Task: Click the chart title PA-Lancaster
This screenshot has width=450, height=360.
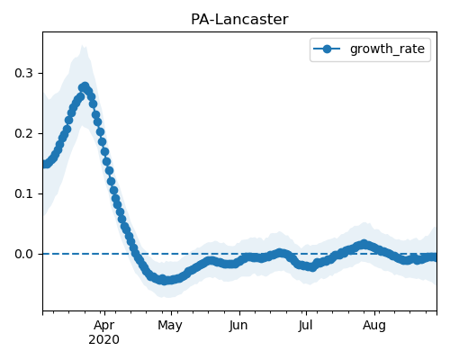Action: tap(239, 20)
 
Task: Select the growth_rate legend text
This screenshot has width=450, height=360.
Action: tap(387, 49)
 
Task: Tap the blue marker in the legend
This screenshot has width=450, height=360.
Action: tap(327, 49)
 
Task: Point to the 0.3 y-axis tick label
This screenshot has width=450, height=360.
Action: tap(23, 73)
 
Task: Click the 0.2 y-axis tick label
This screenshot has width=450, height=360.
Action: tap(23, 133)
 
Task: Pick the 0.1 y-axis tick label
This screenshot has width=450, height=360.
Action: tap(23, 193)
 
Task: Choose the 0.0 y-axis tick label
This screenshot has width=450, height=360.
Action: tap(23, 254)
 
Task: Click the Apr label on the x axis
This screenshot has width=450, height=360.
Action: tap(103, 326)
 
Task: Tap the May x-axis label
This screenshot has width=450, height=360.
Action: tap(170, 326)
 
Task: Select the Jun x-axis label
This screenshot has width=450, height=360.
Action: tap(238, 326)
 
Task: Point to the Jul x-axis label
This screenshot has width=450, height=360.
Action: tap(305, 325)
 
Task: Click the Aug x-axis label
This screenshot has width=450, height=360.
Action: tap(374, 326)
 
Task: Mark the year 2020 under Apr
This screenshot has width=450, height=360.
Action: tap(103, 340)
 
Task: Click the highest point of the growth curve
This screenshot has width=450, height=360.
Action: tap(85, 86)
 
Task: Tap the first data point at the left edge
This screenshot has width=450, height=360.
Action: tap(44, 165)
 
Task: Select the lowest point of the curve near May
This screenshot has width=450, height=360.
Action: tap(163, 280)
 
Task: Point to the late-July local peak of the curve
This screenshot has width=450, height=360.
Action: tap(364, 244)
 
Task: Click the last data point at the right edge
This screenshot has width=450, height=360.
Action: tap(434, 257)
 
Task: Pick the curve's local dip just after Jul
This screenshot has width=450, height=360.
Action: tap(312, 267)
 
